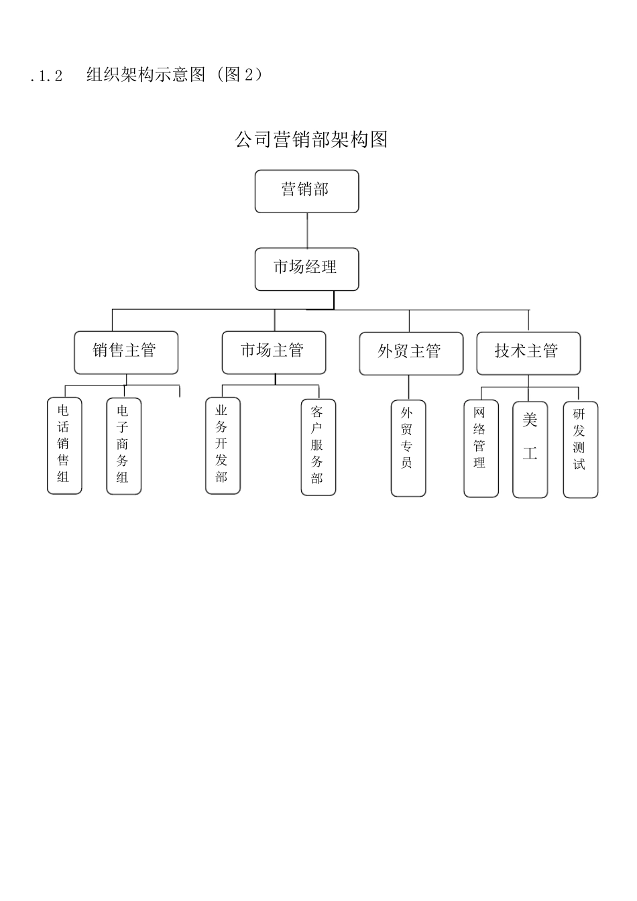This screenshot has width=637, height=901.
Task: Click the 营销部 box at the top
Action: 306,191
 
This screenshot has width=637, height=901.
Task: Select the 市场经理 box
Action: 306,269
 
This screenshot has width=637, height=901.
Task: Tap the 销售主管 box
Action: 126,352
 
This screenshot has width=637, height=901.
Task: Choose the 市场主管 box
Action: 274,352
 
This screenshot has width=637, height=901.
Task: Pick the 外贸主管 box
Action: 411,353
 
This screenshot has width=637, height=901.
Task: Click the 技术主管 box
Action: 528,353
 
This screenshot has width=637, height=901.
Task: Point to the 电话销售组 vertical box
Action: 64,445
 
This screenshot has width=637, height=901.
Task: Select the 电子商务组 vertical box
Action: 124,446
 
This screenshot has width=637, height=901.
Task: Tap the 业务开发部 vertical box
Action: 223,445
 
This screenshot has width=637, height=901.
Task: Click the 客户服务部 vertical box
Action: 318,446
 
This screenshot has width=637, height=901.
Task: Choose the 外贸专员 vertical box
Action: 408,448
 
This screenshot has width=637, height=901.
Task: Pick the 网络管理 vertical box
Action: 481,448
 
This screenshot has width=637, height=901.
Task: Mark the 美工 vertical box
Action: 530,449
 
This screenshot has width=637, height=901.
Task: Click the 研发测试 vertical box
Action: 580,449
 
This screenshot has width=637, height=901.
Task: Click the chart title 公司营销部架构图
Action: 312,139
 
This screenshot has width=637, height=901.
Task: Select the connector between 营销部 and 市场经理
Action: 307,230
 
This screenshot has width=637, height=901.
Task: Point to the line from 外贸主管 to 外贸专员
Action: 408,387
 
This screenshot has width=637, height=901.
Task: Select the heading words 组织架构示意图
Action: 146,74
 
